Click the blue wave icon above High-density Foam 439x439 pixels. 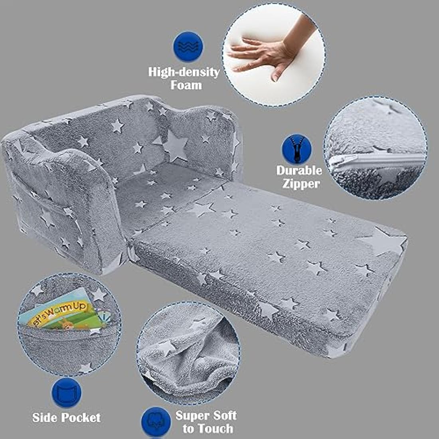pos(188,46)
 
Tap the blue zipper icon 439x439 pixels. pos(297,149)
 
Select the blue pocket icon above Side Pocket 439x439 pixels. pos(67,393)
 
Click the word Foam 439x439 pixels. pos(186,85)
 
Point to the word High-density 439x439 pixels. pos(184,72)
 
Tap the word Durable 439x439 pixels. pos(299,170)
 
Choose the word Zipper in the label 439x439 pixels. pos(301,184)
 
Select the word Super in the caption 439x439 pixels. pos(192,415)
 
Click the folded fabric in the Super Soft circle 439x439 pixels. pos(188,353)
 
